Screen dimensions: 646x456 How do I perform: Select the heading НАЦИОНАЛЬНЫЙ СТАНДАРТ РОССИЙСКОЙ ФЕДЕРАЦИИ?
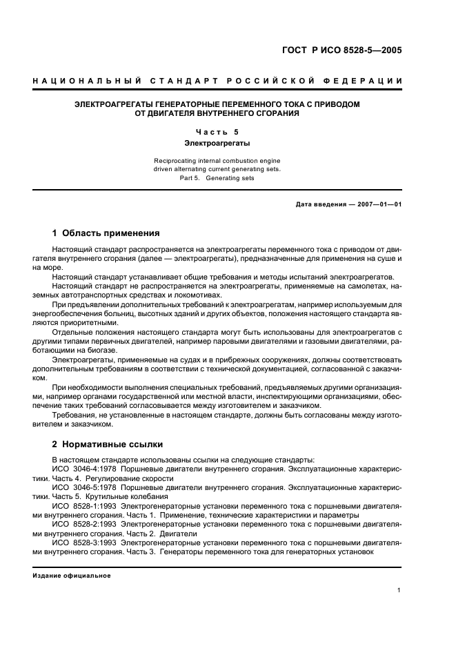[217, 81]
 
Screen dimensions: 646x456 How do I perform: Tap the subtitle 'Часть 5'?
[217, 132]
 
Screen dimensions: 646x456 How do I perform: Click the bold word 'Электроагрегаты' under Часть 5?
[217, 144]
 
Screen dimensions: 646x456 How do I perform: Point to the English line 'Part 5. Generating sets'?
[217, 177]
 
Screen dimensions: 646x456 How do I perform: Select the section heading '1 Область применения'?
[106, 233]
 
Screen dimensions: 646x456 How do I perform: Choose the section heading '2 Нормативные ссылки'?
[108, 444]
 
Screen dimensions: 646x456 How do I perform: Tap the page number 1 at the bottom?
[400, 590]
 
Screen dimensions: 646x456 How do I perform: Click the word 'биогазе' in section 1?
[101, 351]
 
